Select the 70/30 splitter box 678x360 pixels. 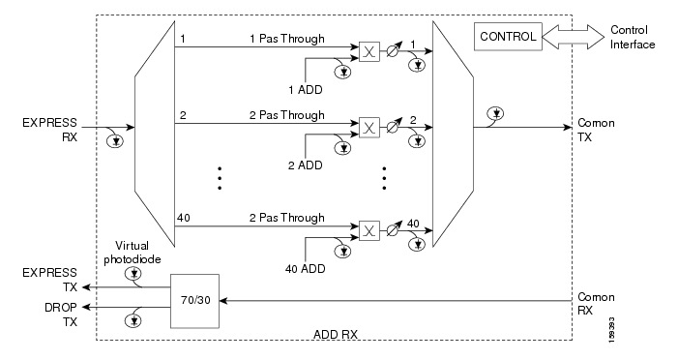pyautogui.click(x=196, y=300)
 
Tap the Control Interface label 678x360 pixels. pyautogui.click(x=634, y=38)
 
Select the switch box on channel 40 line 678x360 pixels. pyautogui.click(x=368, y=229)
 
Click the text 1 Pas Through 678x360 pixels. pyautogui.click(x=287, y=39)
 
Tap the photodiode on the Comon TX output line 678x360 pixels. pyautogui.click(x=494, y=112)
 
